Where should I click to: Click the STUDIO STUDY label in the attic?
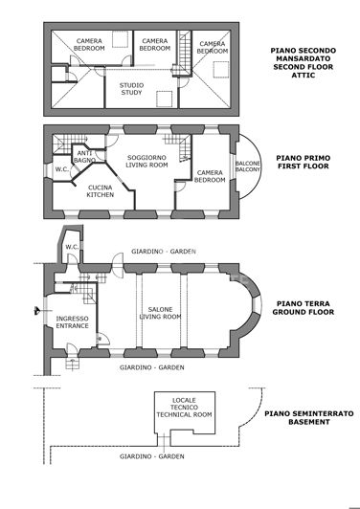tap(131, 89)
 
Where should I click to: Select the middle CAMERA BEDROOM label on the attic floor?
tap(155, 45)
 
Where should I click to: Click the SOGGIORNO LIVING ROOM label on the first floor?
tap(147, 161)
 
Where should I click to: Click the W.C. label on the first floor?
tap(60, 170)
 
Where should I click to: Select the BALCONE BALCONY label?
tap(248, 170)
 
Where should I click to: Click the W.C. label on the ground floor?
tap(71, 247)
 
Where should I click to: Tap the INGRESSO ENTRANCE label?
tap(73, 322)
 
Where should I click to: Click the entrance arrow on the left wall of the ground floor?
tap(35, 311)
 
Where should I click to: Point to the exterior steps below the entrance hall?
tap(70, 362)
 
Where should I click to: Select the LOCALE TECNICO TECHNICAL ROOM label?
tap(184, 409)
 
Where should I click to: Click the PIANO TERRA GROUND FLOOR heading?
tap(301, 306)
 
